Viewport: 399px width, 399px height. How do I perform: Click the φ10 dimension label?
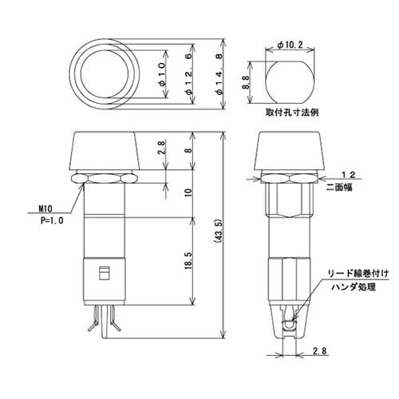point(163,73)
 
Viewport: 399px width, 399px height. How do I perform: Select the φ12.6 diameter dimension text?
point(188,73)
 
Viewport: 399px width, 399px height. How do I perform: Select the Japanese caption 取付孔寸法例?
point(293,113)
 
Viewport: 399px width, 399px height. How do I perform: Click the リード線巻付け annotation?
point(361,274)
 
